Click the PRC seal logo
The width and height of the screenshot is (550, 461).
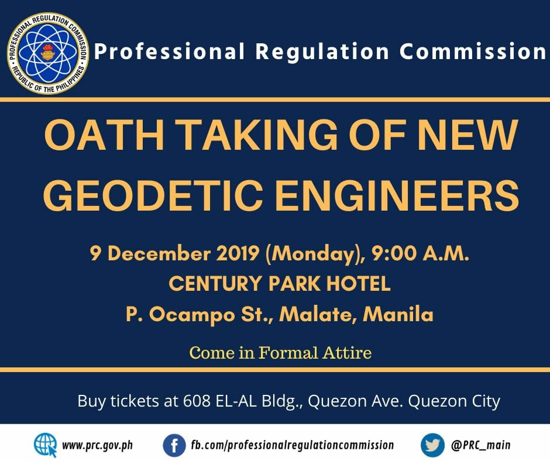pyautogui.click(x=48, y=53)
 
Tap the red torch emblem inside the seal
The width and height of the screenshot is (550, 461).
pyautogui.click(x=48, y=53)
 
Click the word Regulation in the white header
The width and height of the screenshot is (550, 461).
pyautogui.click(x=322, y=52)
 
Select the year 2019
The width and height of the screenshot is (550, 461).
pyautogui.click(x=238, y=253)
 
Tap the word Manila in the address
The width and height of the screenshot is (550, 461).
pyautogui.click(x=398, y=314)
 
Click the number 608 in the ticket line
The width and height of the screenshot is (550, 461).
pyautogui.click(x=197, y=401)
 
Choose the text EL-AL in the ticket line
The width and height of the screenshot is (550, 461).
pyautogui.click(x=237, y=401)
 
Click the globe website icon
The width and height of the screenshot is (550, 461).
pyautogui.click(x=46, y=445)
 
